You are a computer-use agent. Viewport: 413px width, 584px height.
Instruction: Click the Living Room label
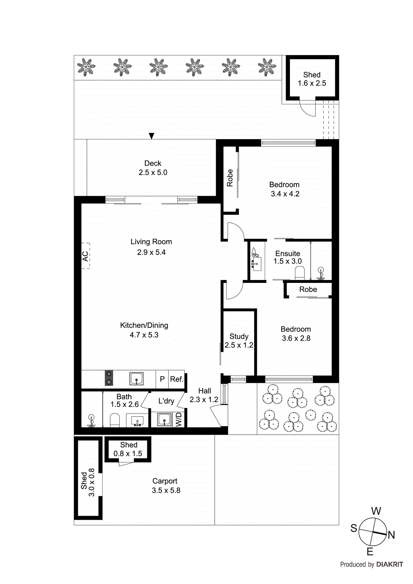pyautogui.click(x=151, y=242)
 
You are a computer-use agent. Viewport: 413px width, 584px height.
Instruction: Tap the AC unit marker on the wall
pyautogui.click(x=85, y=256)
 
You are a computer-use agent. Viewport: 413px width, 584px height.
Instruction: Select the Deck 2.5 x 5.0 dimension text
pyautogui.click(x=153, y=172)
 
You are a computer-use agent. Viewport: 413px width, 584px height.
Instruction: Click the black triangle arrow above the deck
pyautogui.click(x=152, y=136)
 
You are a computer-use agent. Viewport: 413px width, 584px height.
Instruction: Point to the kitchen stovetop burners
pyautogui.click(x=109, y=378)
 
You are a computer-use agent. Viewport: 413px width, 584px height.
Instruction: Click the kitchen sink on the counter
pyautogui.click(x=137, y=379)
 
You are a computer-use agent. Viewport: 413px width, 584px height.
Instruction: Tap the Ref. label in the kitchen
pyautogui.click(x=176, y=379)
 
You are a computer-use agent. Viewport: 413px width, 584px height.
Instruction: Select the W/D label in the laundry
pyautogui.click(x=179, y=419)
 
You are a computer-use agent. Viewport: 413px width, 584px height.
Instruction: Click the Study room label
pyautogui.click(x=239, y=336)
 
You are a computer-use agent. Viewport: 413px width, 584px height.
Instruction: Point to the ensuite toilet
pyautogui.click(x=299, y=273)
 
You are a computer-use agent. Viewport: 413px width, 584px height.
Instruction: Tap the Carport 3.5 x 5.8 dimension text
pyautogui.click(x=166, y=491)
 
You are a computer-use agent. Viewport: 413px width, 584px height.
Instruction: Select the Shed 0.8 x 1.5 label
pyautogui.click(x=128, y=449)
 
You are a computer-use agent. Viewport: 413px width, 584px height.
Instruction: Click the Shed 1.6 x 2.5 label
pyautogui.click(x=312, y=79)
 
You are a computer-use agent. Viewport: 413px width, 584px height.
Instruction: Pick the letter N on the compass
pyautogui.click(x=391, y=535)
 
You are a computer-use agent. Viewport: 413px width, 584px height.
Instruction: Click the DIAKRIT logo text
pyautogui.click(x=389, y=564)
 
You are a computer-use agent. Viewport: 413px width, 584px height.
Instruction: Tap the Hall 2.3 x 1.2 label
pyautogui.click(x=204, y=395)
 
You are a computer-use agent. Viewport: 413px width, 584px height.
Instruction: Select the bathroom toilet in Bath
pyautogui.click(x=115, y=420)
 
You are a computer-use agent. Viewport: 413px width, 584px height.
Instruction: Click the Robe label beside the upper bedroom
pyautogui.click(x=230, y=178)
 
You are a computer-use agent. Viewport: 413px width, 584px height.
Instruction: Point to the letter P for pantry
pyautogui.click(x=162, y=379)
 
